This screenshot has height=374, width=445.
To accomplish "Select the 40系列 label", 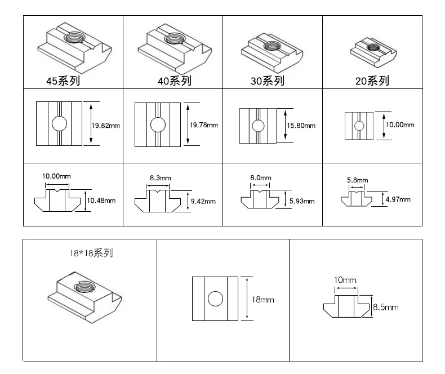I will click(x=175, y=81).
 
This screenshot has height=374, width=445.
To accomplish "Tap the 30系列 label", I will click(x=268, y=81).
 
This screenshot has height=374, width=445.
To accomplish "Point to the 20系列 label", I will click(x=372, y=81).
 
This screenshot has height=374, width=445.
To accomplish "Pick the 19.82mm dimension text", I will click(x=105, y=126).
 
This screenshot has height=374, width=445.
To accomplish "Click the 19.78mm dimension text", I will click(x=203, y=125).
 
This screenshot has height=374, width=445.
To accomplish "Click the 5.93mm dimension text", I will click(x=301, y=201).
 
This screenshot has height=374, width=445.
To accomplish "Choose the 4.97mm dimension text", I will click(x=397, y=199).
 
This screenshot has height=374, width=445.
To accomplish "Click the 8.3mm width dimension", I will click(x=160, y=178).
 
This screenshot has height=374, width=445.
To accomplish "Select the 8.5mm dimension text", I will click(x=385, y=307).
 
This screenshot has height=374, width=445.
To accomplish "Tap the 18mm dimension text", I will click(x=263, y=300).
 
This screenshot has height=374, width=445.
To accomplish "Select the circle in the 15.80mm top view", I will click(x=257, y=126).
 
